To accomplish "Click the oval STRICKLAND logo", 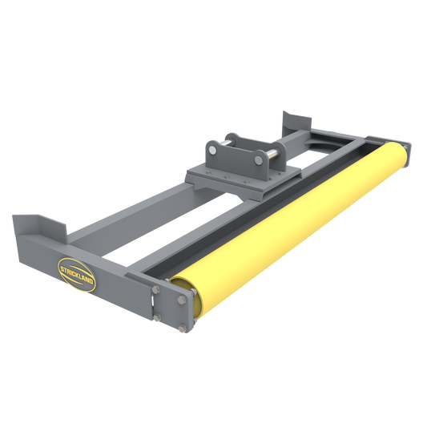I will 77,267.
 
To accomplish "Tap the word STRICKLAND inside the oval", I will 77,267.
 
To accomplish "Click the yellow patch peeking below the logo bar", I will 80,289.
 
